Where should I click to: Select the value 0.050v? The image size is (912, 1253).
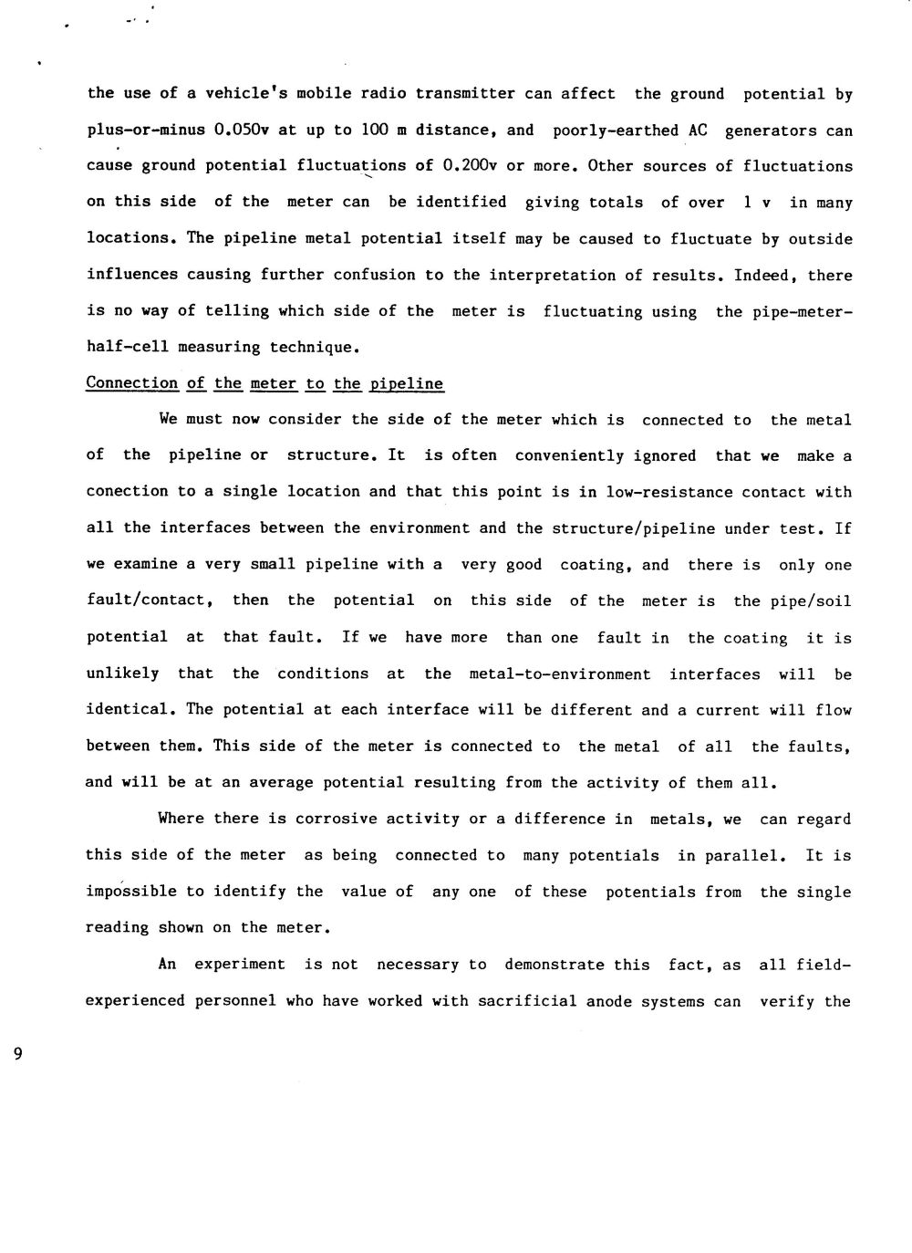click(x=242, y=130)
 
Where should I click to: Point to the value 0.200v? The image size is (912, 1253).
click(x=470, y=166)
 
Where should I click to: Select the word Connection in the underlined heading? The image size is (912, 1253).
click(x=131, y=383)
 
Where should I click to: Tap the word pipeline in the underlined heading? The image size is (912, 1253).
click(x=407, y=384)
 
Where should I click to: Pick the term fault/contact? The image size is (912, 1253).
click(x=150, y=600)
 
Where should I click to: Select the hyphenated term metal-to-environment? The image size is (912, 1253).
click(x=559, y=673)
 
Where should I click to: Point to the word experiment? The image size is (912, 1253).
click(x=240, y=964)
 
